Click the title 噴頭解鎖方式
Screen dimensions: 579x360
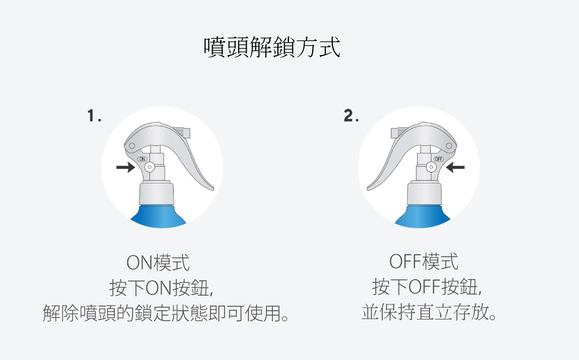click(x=272, y=47)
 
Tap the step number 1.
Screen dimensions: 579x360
click(x=94, y=116)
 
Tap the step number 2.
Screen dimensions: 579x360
click(x=351, y=116)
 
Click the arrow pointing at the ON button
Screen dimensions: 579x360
click(x=126, y=167)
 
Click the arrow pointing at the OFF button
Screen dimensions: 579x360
click(x=455, y=167)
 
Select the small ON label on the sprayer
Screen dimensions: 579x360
click(x=142, y=159)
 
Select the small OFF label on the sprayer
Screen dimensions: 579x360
click(x=439, y=159)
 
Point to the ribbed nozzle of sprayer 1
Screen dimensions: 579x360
click(x=181, y=133)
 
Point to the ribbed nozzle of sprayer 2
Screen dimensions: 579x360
click(x=400, y=133)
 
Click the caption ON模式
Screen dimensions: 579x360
click(x=158, y=263)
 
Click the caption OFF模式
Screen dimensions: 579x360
click(x=424, y=262)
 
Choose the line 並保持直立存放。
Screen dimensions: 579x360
click(x=428, y=313)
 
